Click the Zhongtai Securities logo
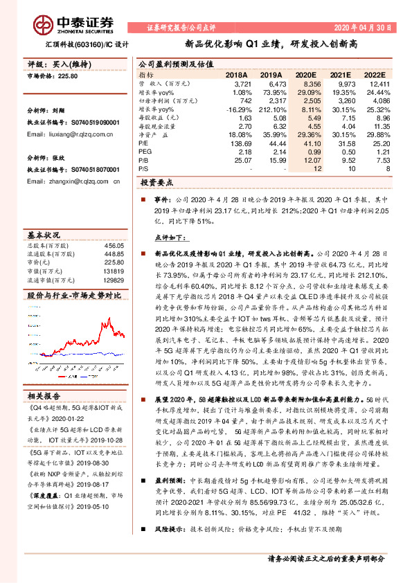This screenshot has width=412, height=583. pyautogui.click(x=69, y=21)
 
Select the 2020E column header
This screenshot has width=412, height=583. pyautogui.click(x=305, y=73)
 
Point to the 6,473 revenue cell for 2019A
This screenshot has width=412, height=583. pyautogui.click(x=275, y=83)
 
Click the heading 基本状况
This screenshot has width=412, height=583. pyautogui.click(x=44, y=233)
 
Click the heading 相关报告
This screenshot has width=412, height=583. pyautogui.click(x=44, y=395)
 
